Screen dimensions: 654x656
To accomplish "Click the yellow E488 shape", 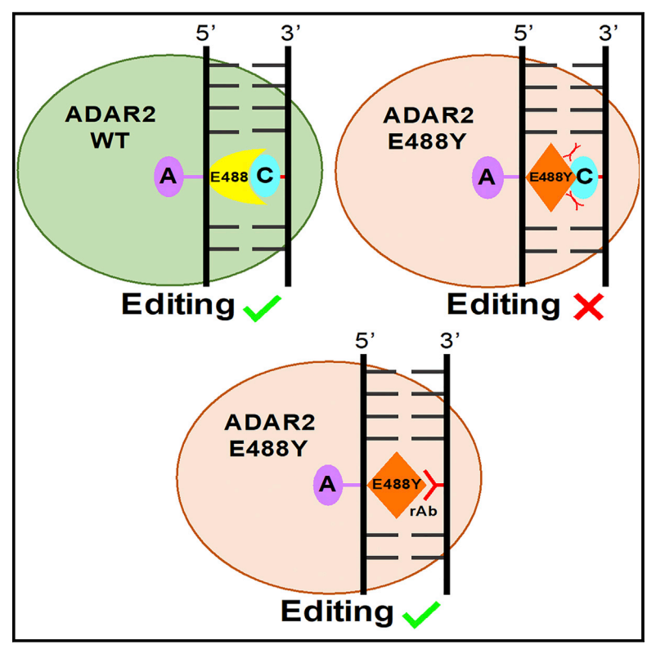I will coord(230,175).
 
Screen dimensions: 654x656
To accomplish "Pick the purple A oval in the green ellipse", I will coord(168,176).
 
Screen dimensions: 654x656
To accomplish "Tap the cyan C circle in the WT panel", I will coord(265,175).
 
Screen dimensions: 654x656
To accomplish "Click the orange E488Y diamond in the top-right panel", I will coord(549,176).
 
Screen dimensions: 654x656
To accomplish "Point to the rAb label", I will coord(421,511).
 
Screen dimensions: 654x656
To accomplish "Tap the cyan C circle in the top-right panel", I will coord(584,176).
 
